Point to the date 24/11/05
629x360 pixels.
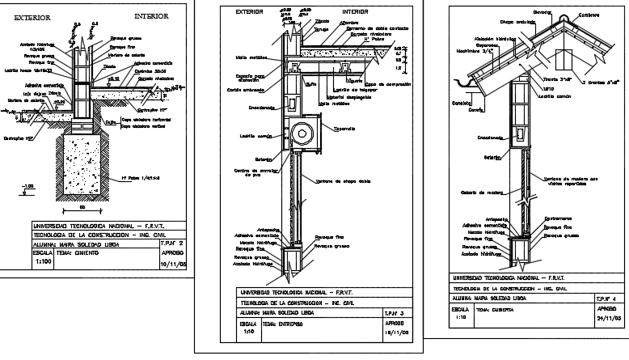[607, 319]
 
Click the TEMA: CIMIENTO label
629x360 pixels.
[78, 252]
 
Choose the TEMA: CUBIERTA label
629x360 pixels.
[494, 310]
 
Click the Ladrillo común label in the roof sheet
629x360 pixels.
[561, 96]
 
